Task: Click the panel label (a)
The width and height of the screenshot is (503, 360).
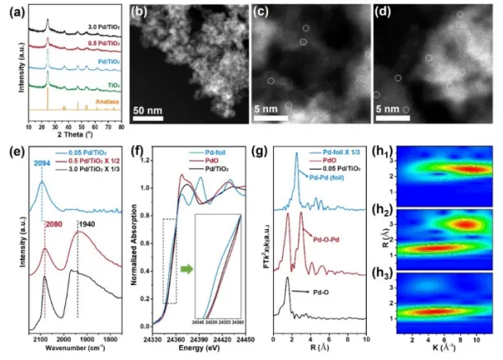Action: [x=14, y=10]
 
